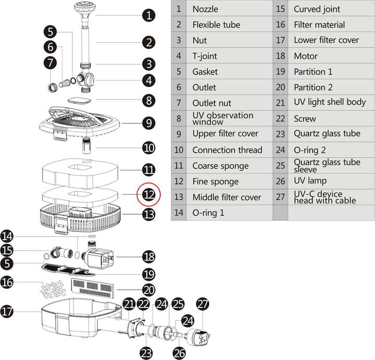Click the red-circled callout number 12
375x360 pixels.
(149, 195)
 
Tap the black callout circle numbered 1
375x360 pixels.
(149, 15)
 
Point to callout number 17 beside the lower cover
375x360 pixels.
(7, 312)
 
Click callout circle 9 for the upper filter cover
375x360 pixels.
(149, 123)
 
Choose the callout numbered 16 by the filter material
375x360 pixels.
(7, 282)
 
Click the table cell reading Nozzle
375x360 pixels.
(205, 9)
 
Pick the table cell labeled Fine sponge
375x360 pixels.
(215, 181)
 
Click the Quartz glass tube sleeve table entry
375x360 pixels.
(327, 166)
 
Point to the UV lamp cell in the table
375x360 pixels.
(310, 181)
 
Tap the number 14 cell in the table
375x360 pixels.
(179, 213)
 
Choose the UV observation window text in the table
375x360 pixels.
(222, 118)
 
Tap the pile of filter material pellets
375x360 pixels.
(51, 287)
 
